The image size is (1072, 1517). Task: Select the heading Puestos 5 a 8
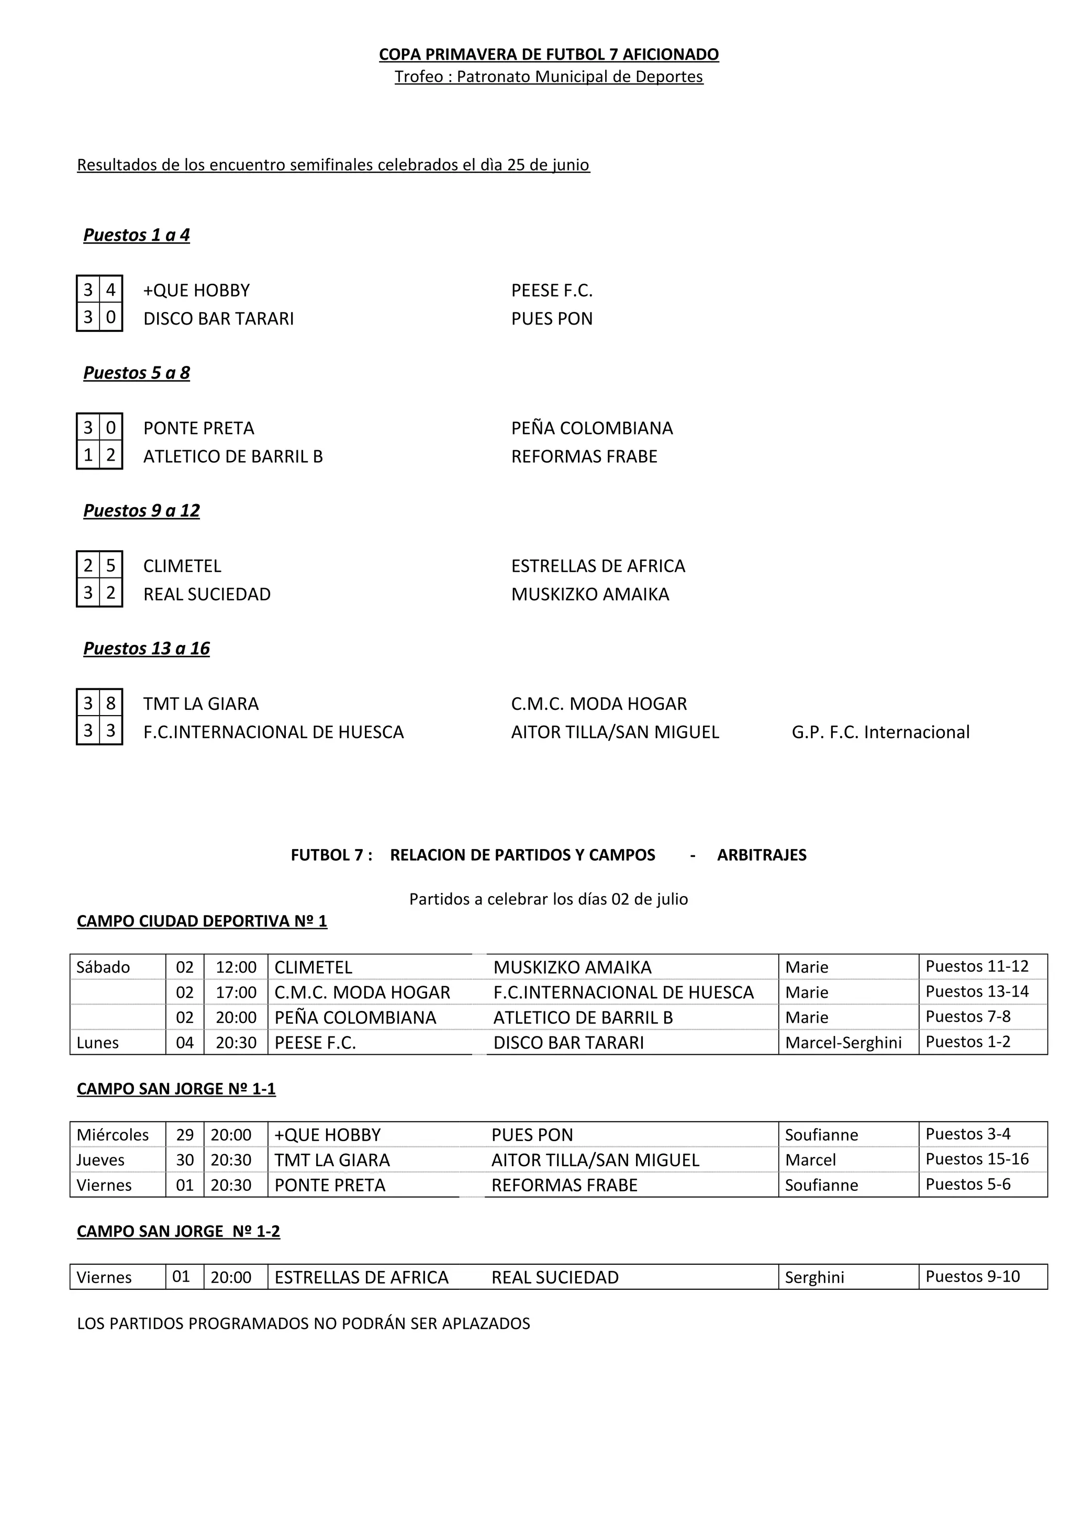coord(136,373)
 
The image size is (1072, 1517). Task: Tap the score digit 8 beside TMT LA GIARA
coord(111,703)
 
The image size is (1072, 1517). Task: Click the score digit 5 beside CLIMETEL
coord(111,565)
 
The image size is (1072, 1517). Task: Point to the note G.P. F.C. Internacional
coord(880,732)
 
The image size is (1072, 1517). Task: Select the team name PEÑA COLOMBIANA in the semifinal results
coord(592,428)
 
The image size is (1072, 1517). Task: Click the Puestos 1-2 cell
coord(968,1042)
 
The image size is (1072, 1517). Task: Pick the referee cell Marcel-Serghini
coord(843,1043)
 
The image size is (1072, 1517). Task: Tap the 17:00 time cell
coord(236,992)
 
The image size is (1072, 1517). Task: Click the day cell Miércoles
coord(113,1135)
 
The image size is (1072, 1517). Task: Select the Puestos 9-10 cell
coord(972,1277)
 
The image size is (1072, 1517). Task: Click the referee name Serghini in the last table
coord(814,1278)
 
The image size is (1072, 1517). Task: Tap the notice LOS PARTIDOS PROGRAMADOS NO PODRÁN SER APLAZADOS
coord(303,1324)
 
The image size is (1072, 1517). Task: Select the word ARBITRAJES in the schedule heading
coord(762,855)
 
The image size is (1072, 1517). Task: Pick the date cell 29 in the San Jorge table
coord(185,1135)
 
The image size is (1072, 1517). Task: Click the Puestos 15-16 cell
coord(977,1159)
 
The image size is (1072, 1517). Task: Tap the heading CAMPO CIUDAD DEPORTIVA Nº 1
coord(202,921)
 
